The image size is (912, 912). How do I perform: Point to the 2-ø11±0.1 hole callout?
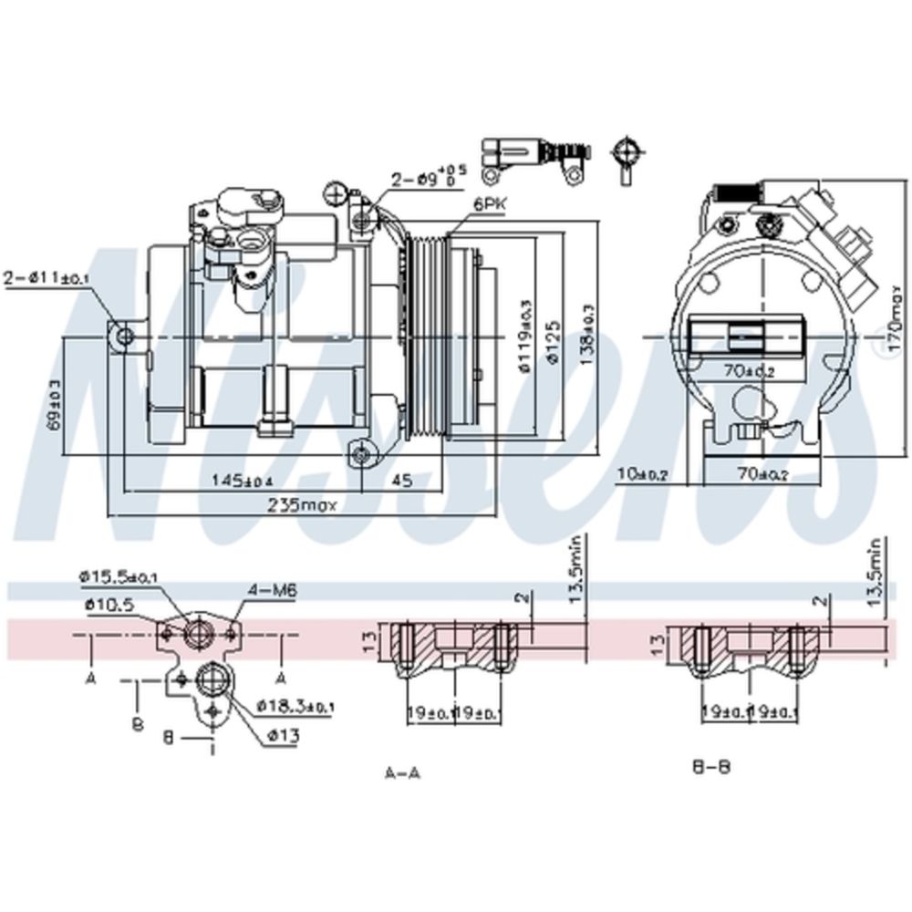(46, 277)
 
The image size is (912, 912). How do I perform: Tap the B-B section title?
(711, 766)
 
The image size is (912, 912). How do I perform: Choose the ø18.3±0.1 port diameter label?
(295, 706)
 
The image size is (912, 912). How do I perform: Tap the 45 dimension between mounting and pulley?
(401, 479)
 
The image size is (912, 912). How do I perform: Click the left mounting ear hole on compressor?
(124, 338)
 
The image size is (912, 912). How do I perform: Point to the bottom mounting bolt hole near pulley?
(363, 453)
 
